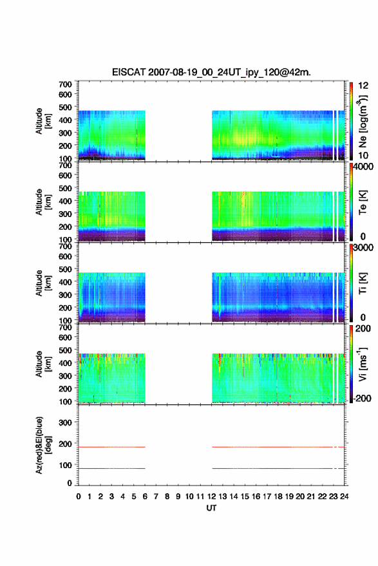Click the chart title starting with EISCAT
(211, 72)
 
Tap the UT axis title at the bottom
(211, 508)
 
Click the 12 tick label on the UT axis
(212, 496)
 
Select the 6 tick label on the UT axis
(145, 496)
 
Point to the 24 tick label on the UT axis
(344, 496)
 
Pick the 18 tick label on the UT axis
(278, 496)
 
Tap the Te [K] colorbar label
(363, 202)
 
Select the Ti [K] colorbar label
(363, 283)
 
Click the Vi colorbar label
(363, 364)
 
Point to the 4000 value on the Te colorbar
(363, 166)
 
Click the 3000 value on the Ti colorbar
(363, 248)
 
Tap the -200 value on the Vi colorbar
(362, 399)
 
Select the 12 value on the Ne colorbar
(363, 86)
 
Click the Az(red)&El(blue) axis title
(43, 445)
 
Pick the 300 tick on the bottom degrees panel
(65, 422)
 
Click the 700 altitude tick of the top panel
(65, 84)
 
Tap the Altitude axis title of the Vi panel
(43, 364)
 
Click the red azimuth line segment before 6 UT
(111, 447)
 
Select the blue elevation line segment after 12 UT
(278, 468)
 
